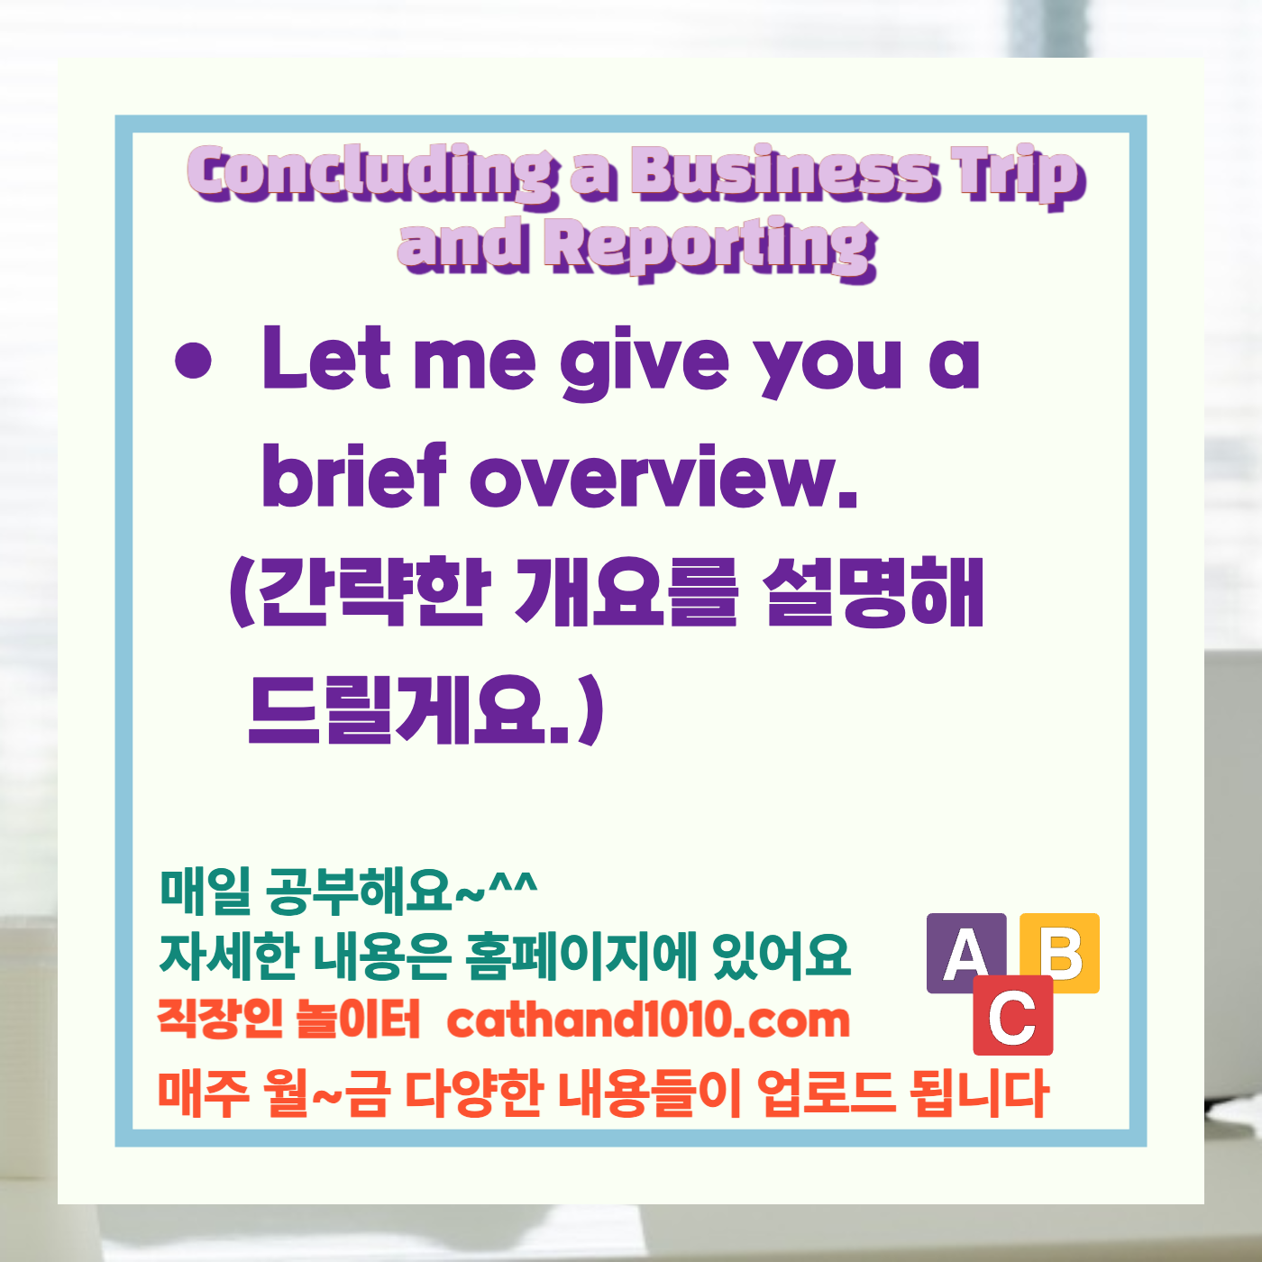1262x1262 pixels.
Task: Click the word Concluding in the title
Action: [x=371, y=173]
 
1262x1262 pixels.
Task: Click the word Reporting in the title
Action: [x=712, y=247]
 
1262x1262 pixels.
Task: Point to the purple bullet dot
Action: [x=193, y=362]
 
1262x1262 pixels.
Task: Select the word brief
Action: [x=353, y=475]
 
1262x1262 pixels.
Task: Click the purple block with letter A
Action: [x=966, y=952]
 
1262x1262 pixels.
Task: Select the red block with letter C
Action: [x=1013, y=1016]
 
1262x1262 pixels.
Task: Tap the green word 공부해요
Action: [x=359, y=891]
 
